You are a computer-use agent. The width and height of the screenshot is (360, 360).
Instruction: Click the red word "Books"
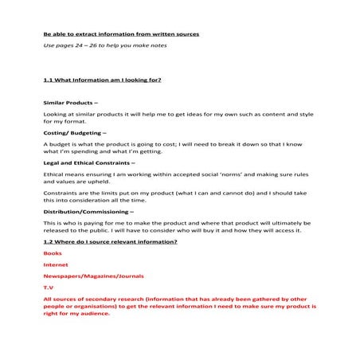tap(53, 252)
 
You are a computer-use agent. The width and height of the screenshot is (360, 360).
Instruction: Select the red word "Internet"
tap(56, 264)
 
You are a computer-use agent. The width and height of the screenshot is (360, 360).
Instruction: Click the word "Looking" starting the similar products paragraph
tap(55, 115)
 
